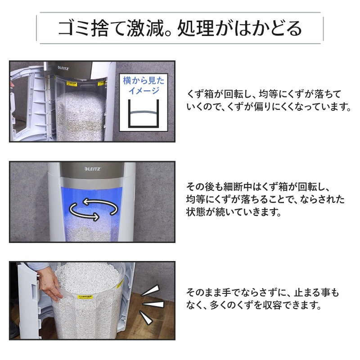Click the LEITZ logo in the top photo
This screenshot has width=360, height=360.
coord(63,68)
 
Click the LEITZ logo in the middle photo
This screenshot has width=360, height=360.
coord(93,169)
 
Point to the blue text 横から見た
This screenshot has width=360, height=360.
coord(144,81)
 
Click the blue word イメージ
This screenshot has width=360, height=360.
coord(144,90)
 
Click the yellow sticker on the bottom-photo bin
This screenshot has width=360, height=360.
coord(85,297)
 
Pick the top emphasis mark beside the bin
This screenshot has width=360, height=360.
coord(150,290)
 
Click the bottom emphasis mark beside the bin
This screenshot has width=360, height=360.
coord(146,317)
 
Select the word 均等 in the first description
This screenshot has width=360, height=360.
coord(268,94)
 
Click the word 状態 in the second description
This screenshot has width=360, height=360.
coord(196,211)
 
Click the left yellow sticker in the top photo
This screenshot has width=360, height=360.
coord(72,83)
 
